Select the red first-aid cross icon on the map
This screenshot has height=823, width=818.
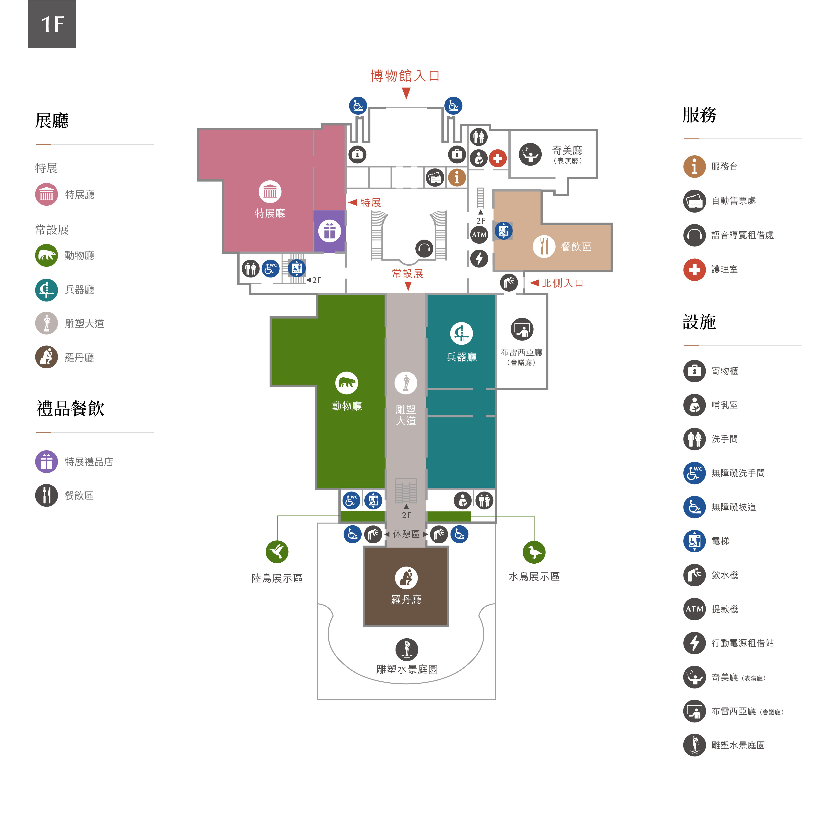tap(497, 158)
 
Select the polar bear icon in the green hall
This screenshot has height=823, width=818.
tap(347, 383)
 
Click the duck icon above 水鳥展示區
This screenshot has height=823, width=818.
tap(534, 552)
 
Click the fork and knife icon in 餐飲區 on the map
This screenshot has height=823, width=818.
tap(544, 246)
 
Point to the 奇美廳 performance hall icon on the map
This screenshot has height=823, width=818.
tap(530, 154)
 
